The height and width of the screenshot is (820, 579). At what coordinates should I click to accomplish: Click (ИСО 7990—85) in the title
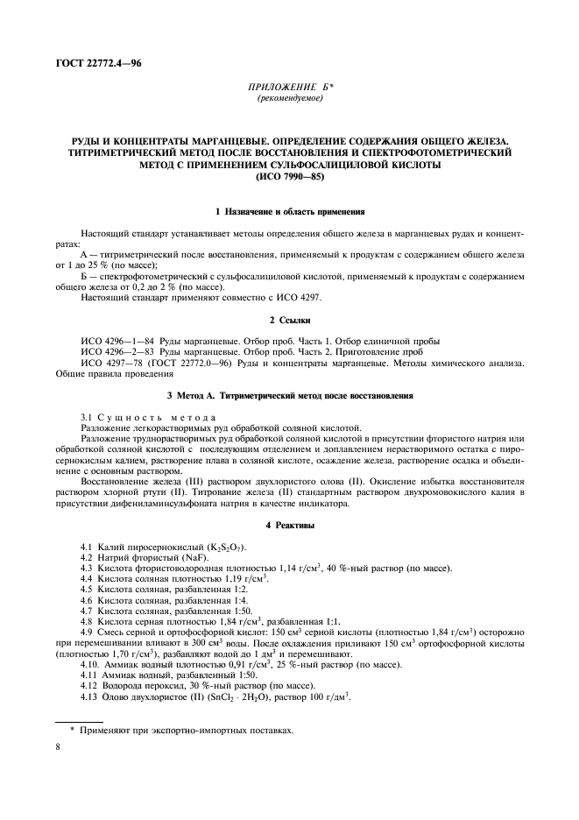[289, 175]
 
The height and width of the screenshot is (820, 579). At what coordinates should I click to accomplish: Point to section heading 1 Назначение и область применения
[290, 212]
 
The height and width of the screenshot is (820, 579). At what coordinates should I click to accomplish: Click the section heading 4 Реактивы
[290, 525]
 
